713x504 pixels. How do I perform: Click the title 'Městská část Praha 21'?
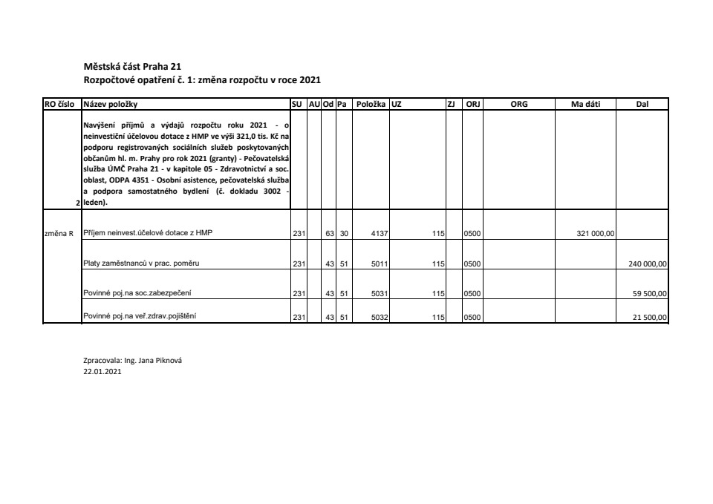(x=127, y=66)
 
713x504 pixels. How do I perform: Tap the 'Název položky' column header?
(x=111, y=105)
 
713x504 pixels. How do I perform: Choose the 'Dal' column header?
(x=642, y=105)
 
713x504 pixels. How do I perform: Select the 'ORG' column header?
(x=519, y=105)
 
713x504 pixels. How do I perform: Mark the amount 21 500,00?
(x=651, y=318)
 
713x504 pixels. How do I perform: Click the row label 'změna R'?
(x=60, y=233)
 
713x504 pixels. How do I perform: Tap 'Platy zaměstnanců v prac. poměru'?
(x=141, y=263)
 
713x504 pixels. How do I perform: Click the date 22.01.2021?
(x=102, y=373)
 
